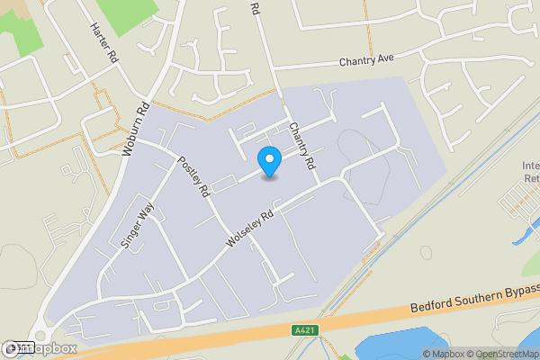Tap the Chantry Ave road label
(x=368, y=62)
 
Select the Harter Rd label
(x=103, y=42)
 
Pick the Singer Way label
(x=131, y=224)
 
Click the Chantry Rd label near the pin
(x=301, y=147)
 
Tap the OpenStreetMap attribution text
(x=502, y=354)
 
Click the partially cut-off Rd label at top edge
(x=254, y=8)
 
